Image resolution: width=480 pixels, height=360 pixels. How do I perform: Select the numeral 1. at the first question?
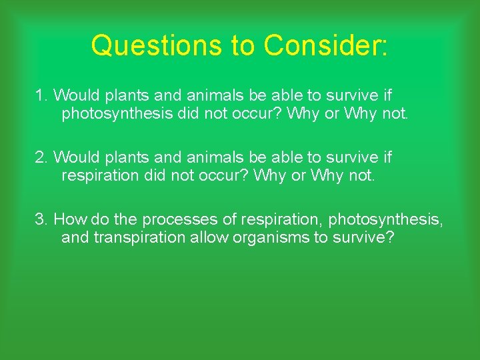click(42, 95)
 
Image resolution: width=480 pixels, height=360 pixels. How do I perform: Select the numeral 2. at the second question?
click(42, 158)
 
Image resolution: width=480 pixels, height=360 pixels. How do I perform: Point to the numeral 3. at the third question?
click(42, 219)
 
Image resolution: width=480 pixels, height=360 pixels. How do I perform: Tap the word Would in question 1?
click(75, 95)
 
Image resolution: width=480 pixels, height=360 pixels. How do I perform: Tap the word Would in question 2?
click(75, 158)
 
